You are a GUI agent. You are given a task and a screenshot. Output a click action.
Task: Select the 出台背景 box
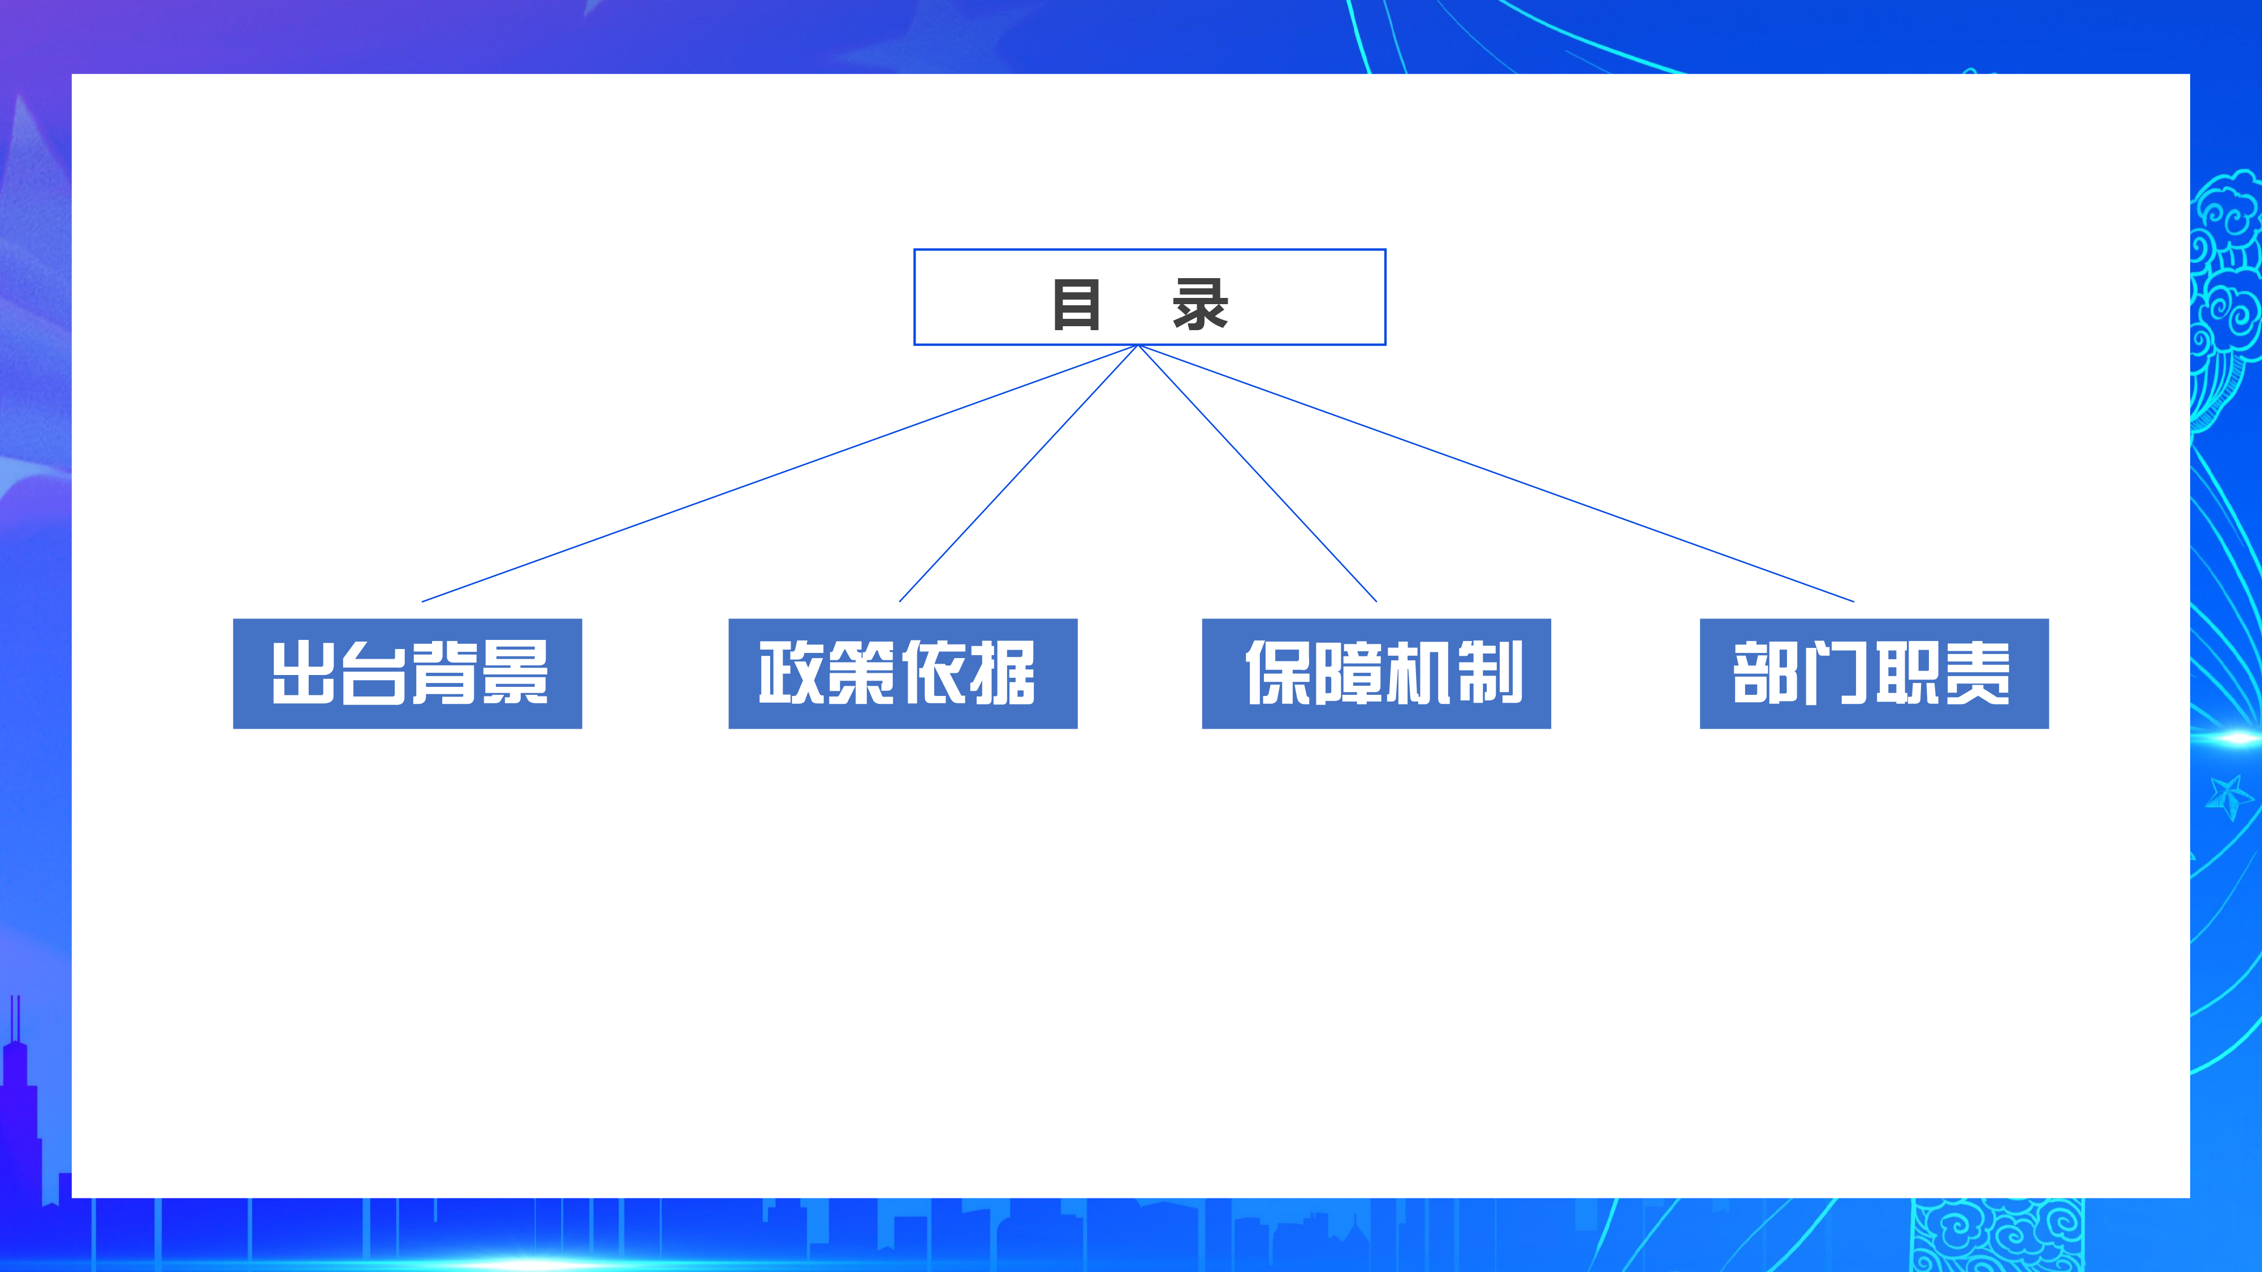click(x=407, y=673)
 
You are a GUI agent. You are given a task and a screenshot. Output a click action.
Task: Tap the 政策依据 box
click(x=903, y=673)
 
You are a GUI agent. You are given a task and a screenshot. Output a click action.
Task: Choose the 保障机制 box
click(x=1376, y=673)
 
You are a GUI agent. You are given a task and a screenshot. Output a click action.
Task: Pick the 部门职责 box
click(x=1874, y=673)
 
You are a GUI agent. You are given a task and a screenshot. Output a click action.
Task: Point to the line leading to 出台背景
click(x=780, y=473)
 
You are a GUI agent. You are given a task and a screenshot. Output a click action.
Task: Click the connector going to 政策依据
click(x=1018, y=473)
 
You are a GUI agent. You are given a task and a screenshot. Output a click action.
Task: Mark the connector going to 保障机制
click(x=1258, y=473)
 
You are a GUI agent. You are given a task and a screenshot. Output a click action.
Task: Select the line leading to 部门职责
click(x=1496, y=473)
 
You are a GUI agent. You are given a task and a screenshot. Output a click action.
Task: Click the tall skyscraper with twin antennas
click(x=19, y=1115)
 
